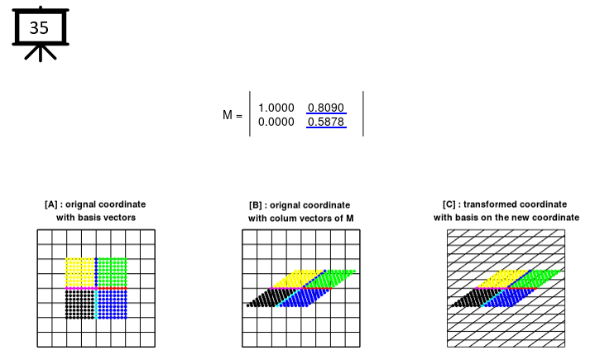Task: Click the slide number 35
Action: (x=40, y=27)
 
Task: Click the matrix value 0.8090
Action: (x=326, y=108)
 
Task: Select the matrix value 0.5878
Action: (x=326, y=122)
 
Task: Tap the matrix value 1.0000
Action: (x=276, y=108)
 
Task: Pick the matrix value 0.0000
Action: (x=276, y=122)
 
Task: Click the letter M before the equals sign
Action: (x=228, y=116)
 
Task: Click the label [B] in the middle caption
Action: (x=257, y=204)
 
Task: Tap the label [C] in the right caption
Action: (x=451, y=204)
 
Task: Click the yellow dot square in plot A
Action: (x=80, y=271)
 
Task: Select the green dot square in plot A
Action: (x=112, y=271)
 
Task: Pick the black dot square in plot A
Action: (x=80, y=303)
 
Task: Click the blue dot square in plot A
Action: (x=112, y=303)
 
